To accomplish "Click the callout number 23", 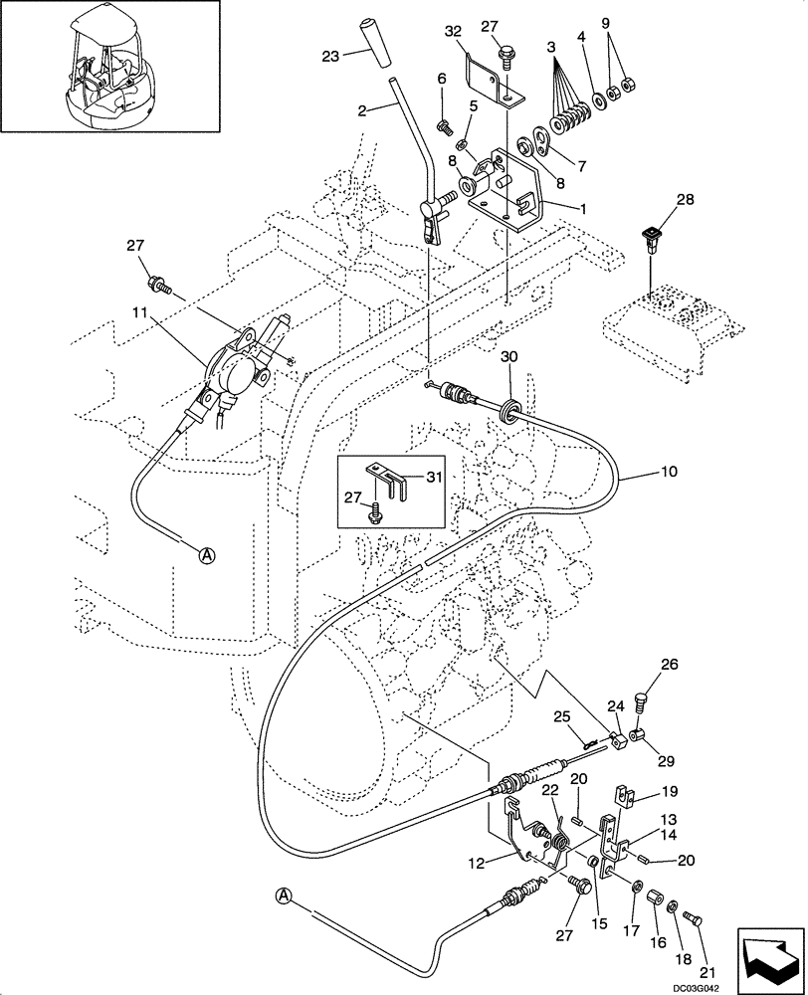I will point(330,57).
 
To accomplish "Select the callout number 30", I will point(509,356).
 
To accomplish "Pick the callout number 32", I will point(453,31).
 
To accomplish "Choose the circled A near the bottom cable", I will point(284,896).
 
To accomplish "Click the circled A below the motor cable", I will point(206,555).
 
